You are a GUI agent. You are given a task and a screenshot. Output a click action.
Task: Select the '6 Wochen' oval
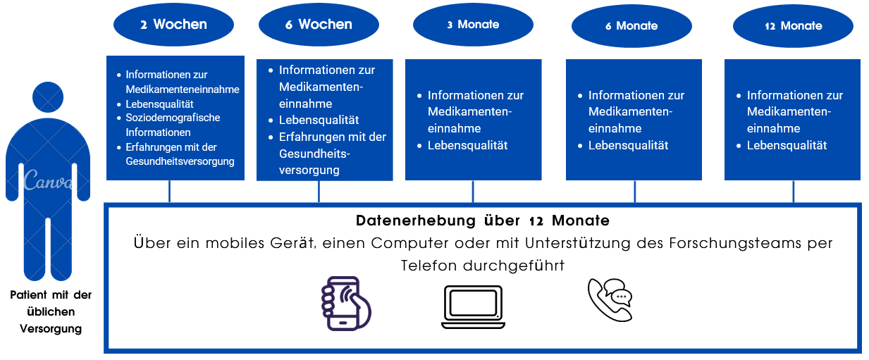319,25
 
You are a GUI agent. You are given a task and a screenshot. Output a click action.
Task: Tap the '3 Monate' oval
473,25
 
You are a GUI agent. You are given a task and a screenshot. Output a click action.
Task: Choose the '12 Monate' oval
793,26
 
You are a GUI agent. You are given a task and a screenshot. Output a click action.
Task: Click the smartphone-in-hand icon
345,303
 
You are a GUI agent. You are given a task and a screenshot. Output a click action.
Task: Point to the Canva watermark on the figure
48,181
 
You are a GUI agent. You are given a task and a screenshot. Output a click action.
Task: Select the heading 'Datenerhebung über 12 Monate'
483,221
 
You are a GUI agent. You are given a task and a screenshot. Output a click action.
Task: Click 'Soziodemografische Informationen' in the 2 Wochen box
173,125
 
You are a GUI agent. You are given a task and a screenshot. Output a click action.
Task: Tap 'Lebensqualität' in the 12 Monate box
787,146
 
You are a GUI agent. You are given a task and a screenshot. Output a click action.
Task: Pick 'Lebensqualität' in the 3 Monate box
467,146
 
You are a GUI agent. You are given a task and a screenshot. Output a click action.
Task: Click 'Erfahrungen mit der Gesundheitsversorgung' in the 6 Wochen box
332,154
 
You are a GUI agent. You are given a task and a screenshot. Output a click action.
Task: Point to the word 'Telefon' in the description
429,266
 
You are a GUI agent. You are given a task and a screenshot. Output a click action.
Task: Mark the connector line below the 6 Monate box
635,191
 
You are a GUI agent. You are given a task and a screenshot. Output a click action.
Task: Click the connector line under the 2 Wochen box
169,191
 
